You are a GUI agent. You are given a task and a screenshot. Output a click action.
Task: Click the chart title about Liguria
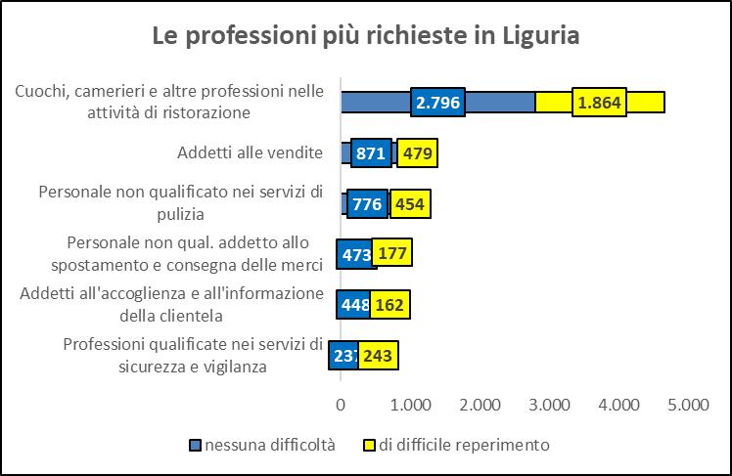tap(366, 36)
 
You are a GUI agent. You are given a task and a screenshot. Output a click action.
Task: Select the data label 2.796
tap(437, 103)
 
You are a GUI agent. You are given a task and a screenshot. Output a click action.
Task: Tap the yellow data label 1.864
tap(600, 103)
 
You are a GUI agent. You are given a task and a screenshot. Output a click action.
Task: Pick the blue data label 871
tap(371, 153)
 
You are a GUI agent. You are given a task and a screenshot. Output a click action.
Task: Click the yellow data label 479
tap(417, 153)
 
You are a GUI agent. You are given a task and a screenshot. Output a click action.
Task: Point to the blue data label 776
tap(367, 204)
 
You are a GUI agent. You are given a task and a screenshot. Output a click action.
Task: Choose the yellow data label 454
tap(410, 204)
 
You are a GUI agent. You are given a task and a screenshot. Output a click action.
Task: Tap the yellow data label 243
tap(378, 355)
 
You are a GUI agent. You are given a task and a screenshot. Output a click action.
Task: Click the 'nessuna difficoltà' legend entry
tap(262, 445)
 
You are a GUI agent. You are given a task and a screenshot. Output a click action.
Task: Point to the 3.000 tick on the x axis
tap(549, 404)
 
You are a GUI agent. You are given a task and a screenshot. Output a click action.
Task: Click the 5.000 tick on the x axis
tap(688, 404)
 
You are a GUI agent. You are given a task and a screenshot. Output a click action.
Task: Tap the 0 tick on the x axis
tap(341, 404)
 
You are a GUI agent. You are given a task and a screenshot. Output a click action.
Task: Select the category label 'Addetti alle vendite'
tap(250, 153)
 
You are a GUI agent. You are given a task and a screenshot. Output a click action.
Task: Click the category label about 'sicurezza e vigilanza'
tap(193, 355)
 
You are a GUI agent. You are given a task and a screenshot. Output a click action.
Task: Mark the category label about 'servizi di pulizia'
tap(180, 202)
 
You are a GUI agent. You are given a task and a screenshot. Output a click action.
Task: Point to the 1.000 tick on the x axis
tap(410, 404)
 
